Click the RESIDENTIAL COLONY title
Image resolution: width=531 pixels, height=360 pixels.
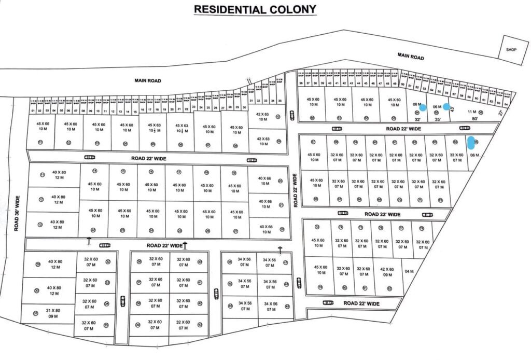tap(255, 9)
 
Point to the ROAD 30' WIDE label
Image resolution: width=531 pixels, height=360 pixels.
tap(17, 213)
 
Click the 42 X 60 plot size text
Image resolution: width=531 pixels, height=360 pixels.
tap(387, 269)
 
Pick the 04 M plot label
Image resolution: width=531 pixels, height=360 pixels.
tap(409, 271)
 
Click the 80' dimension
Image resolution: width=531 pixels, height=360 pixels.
tap(475, 118)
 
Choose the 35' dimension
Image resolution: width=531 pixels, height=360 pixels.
tap(437, 119)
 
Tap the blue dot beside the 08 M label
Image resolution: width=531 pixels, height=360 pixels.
tap(423, 108)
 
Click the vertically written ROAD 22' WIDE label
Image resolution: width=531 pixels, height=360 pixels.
tap(296, 191)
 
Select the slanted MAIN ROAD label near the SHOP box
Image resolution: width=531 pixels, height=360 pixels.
tap(411, 56)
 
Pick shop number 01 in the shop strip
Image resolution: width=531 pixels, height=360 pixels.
tap(33, 110)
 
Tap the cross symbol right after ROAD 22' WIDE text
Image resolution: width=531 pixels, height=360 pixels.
tap(185, 244)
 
